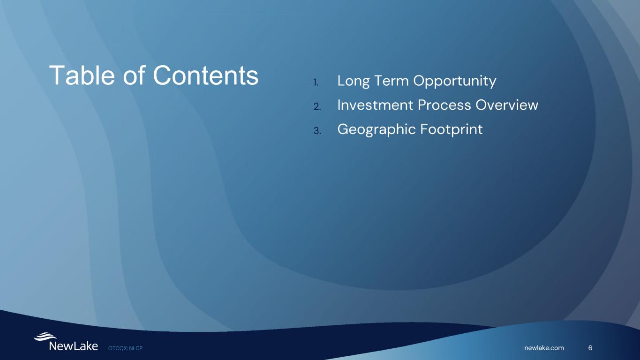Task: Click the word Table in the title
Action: [x=82, y=75]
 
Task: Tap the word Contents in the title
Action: [x=206, y=75]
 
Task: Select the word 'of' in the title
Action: [x=134, y=75]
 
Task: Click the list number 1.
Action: [x=316, y=82]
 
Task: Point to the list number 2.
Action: [x=317, y=106]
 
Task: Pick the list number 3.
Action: [x=317, y=131]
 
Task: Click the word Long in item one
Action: [x=354, y=81]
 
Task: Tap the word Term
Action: [x=392, y=81]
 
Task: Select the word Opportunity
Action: [x=455, y=82]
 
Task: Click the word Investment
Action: [x=375, y=105]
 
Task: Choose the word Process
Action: [x=444, y=105]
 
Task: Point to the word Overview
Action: [x=507, y=105]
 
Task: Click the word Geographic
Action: [x=376, y=130]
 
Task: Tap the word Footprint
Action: [x=452, y=130]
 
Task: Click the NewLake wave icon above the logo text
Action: [x=45, y=337]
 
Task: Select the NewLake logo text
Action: [x=74, y=346]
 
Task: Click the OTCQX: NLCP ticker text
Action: [x=125, y=348]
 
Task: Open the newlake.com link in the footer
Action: [x=544, y=348]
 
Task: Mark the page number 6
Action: [x=590, y=348]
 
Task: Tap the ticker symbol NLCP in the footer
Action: [x=136, y=348]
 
